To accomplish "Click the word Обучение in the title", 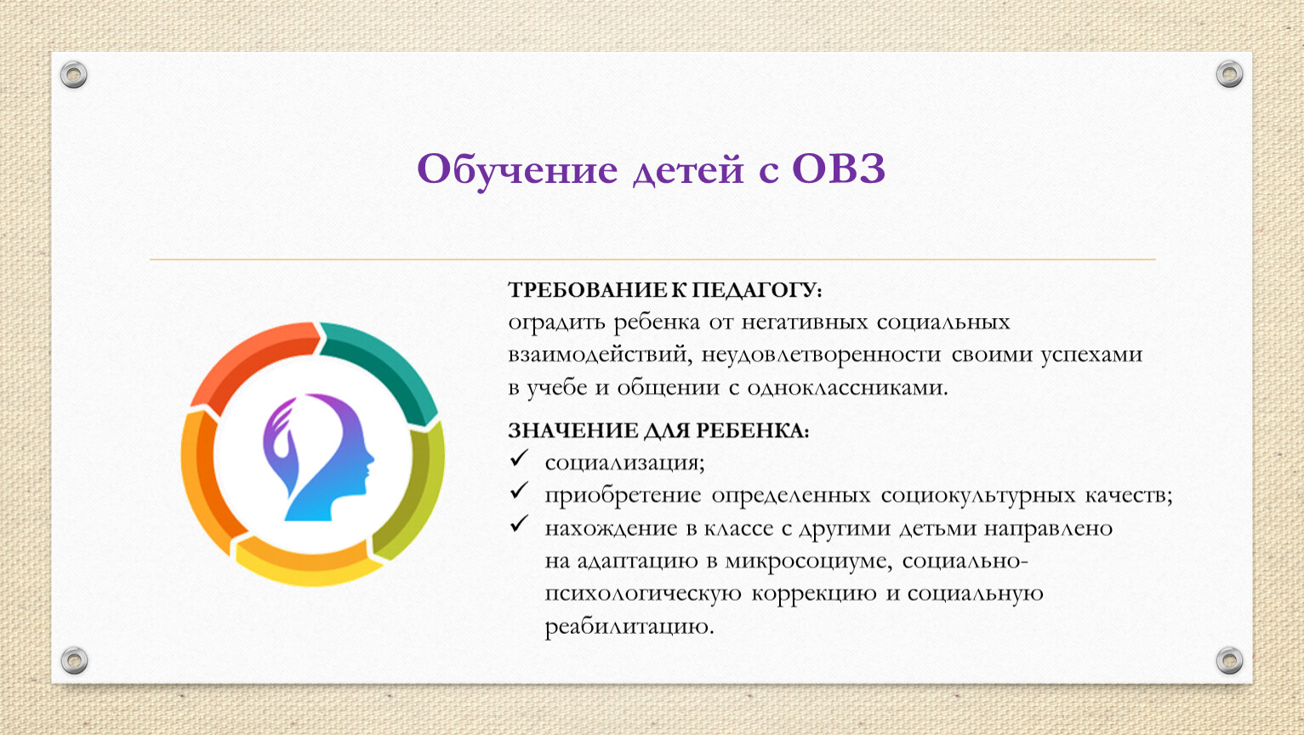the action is pyautogui.click(x=517, y=170).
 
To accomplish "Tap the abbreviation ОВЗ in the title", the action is pyautogui.click(x=839, y=169).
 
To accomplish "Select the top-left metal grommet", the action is pyautogui.click(x=74, y=75).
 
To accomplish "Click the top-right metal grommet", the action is pyautogui.click(x=1229, y=74).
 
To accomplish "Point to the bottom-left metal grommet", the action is pyautogui.click(x=74, y=660).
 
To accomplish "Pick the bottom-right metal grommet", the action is pyautogui.click(x=1229, y=660).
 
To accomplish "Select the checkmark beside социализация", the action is pyautogui.click(x=519, y=458).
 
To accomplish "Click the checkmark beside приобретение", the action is pyautogui.click(x=519, y=490).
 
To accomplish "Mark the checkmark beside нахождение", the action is pyautogui.click(x=519, y=523).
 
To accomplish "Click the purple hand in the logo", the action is pyautogui.click(x=279, y=442).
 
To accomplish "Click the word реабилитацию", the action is pyautogui.click(x=629, y=627).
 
